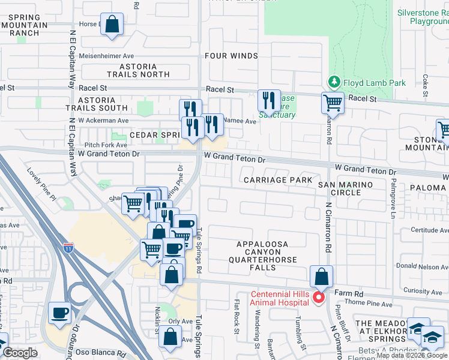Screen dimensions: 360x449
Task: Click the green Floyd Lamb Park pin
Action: coord(334,82)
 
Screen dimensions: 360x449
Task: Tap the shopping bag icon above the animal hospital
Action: coord(322,277)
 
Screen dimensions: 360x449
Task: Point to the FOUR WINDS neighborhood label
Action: coord(231,56)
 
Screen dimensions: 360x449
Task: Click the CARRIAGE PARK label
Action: coord(277,180)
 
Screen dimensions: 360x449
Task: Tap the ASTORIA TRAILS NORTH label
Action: coord(138,70)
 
